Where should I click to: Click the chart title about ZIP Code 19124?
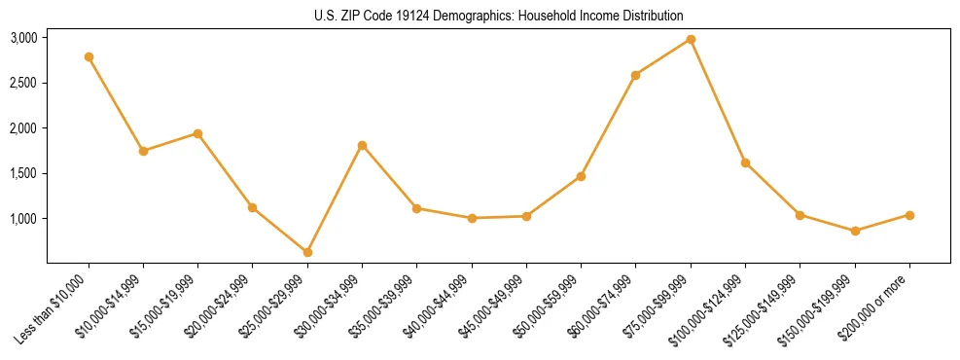[x=499, y=17]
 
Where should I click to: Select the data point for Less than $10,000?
[x=89, y=56]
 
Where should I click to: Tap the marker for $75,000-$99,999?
[x=691, y=39]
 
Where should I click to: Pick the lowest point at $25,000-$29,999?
[x=307, y=252]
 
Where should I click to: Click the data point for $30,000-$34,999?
[x=362, y=145]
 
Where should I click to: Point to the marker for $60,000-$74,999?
[x=635, y=75]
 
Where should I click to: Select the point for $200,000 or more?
[x=909, y=215]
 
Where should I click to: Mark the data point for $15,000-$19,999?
[x=197, y=133]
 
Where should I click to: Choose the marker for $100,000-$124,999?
[x=745, y=162]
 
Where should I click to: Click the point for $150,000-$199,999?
[x=855, y=231]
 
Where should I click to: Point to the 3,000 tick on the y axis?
[x=23, y=38]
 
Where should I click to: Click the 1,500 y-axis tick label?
[x=23, y=173]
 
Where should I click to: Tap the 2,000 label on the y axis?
[x=23, y=128]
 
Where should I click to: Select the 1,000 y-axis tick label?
[x=23, y=219]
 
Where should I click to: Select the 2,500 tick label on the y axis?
[x=23, y=84]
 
